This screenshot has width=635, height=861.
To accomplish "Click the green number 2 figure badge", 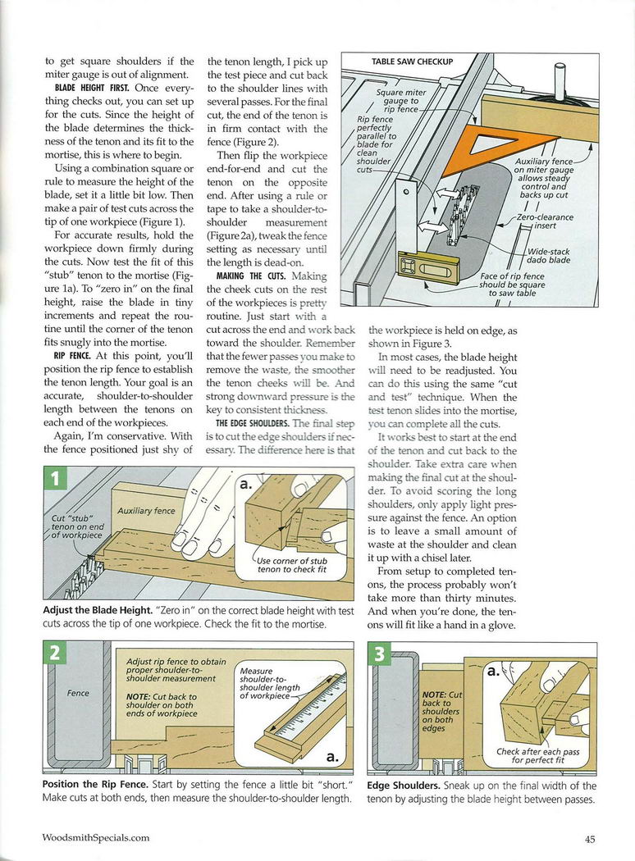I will [x=55, y=654].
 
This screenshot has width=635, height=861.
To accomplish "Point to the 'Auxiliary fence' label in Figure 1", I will [x=146, y=511].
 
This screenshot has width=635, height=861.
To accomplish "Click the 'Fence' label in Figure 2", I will [x=78, y=693].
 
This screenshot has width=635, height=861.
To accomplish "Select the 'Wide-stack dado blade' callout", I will [x=548, y=256].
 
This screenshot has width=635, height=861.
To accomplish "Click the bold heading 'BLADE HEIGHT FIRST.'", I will [x=93, y=87].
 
